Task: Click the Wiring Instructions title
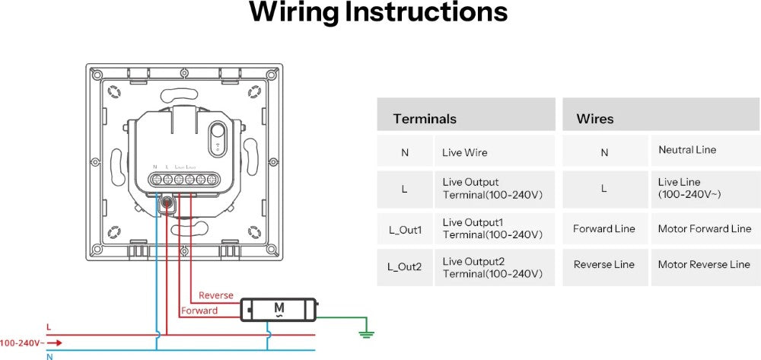[x=378, y=13]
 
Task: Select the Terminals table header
[x=425, y=119]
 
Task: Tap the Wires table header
[x=595, y=119]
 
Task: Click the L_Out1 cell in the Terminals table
[x=405, y=229]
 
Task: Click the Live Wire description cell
[x=465, y=152]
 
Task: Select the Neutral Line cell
[x=687, y=150]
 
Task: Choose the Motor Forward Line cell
[x=705, y=228]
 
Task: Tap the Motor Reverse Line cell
[x=704, y=265]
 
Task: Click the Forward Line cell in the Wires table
[x=604, y=228]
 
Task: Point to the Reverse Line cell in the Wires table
[x=604, y=265]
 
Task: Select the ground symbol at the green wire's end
[x=366, y=332]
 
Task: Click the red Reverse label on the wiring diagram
[x=216, y=295]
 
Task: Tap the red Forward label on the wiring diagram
[x=199, y=311]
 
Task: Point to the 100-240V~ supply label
[x=20, y=342]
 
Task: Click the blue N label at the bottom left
[x=49, y=356]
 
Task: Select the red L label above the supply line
[x=49, y=327]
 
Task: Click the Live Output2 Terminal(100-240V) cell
[x=492, y=267]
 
